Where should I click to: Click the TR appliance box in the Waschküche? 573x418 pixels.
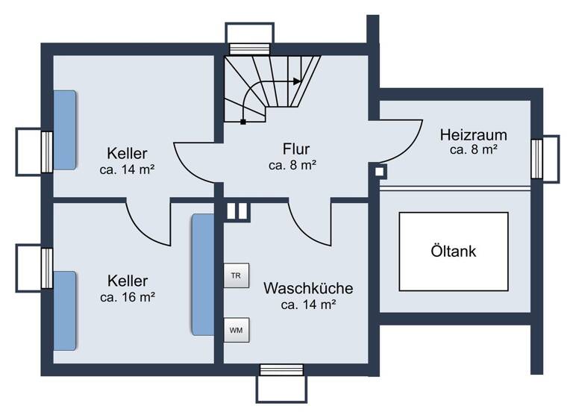(236, 275)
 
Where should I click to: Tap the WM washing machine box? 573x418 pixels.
(236, 328)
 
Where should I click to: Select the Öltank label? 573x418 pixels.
(453, 252)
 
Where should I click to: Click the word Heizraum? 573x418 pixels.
(473, 135)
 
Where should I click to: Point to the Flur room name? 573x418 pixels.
(295, 148)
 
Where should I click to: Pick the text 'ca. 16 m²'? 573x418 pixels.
(127, 296)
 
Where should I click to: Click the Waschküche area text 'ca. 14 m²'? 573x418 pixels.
(307, 304)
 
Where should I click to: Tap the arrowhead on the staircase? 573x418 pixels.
(298, 81)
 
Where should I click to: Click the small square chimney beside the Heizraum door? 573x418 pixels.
(380, 172)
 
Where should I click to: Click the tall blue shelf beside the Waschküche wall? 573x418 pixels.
(202, 275)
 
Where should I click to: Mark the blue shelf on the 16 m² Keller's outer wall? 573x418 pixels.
(64, 311)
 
